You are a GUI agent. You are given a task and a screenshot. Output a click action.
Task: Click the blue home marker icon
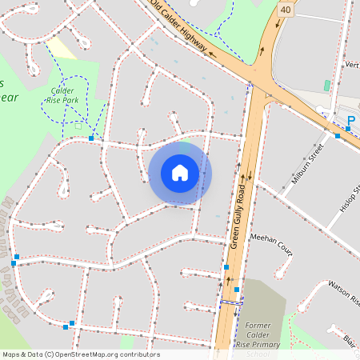180,172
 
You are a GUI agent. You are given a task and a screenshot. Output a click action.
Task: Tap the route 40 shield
286,8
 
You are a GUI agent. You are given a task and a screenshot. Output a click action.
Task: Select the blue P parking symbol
350,122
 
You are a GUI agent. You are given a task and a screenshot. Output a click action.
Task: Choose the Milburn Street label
306,164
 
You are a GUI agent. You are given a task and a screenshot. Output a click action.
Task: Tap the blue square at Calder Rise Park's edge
91,138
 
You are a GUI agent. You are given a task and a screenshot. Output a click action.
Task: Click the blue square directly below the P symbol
338,136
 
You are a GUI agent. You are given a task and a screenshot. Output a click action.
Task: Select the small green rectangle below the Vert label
326,85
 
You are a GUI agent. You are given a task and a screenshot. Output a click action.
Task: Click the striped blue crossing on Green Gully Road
231,303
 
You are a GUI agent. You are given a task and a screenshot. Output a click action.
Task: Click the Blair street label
350,339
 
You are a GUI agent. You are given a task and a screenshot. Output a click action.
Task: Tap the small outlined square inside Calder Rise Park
78,125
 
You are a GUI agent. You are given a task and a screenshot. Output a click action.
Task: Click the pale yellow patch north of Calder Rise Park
62,48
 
